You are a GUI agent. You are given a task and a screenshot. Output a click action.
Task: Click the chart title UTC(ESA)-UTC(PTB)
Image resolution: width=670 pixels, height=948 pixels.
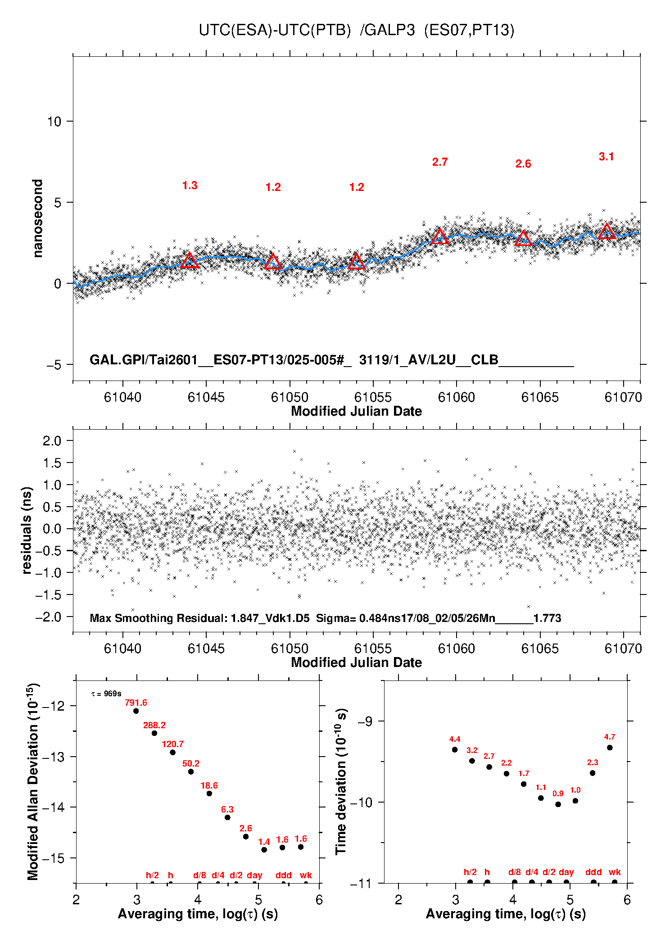(x=275, y=30)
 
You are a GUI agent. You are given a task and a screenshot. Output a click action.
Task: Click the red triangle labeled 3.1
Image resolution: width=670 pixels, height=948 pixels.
(x=607, y=231)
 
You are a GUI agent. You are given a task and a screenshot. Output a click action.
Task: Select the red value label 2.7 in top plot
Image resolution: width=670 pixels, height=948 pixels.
(x=440, y=162)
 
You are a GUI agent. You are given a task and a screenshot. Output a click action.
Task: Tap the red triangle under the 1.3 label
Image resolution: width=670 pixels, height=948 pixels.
(x=190, y=261)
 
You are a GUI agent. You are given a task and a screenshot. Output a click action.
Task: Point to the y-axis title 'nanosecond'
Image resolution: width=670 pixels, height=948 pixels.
(x=37, y=218)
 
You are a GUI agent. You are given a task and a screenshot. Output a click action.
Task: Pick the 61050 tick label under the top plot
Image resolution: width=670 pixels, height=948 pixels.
(x=290, y=397)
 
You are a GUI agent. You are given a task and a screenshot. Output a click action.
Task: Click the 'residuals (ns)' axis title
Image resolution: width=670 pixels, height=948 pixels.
(x=27, y=530)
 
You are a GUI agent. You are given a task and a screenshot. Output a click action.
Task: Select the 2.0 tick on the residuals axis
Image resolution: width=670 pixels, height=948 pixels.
(x=52, y=441)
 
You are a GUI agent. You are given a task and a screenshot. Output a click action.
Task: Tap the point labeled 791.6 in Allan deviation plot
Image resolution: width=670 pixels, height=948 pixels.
(x=136, y=711)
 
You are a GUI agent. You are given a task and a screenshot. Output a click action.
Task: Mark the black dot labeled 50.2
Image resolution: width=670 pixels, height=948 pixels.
(x=191, y=771)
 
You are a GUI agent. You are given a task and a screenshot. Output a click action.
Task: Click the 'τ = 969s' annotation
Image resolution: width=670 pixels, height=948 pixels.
(x=106, y=694)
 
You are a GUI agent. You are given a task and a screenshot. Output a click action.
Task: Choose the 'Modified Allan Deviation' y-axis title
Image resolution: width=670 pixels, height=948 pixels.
(x=33, y=781)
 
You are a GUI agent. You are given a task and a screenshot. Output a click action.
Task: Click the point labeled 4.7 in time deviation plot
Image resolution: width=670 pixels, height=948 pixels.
(x=610, y=748)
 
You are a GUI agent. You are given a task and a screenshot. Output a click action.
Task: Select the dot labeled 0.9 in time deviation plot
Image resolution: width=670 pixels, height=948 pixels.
(x=558, y=804)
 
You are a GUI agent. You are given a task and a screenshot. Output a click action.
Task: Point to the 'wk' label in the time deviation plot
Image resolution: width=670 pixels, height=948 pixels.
(x=615, y=872)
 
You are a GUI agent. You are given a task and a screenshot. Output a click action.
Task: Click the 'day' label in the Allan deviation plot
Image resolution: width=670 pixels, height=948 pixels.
(x=254, y=875)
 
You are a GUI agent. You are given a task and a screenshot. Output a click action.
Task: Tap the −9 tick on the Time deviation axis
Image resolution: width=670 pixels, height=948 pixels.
(x=365, y=721)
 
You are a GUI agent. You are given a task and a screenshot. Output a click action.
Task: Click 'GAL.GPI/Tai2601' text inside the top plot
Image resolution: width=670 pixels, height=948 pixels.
(x=144, y=360)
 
